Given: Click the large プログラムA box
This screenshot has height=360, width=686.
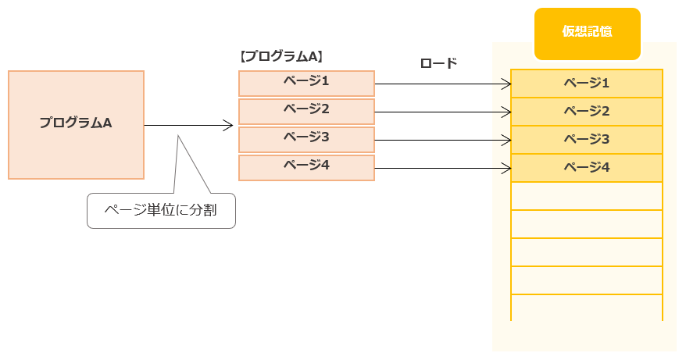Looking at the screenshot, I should pos(76,125).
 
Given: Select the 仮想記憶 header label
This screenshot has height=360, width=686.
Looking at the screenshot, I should pos(587,33).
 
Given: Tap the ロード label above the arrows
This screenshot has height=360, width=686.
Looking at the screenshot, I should pos(438,63).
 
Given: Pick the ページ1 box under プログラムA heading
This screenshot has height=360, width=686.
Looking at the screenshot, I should pos(306,83).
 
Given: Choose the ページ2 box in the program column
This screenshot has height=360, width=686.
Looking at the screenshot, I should pos(306,111).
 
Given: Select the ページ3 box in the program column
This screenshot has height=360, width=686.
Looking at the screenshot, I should pos(306,139).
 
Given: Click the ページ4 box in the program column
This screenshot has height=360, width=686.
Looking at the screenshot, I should pos(306,167).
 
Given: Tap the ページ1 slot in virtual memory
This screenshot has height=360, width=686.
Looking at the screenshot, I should pos(587,83).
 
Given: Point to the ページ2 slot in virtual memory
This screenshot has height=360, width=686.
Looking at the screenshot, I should pos(587,111).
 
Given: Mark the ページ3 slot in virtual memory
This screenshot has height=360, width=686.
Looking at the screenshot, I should pos(587,139).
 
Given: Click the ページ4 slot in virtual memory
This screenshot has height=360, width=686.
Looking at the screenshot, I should pos(587,167).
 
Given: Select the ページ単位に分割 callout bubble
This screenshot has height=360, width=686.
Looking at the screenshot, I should pos(161,210).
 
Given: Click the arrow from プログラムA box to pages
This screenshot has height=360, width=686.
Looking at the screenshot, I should pos(188,125).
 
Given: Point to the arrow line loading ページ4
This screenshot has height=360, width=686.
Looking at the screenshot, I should pos(441,168).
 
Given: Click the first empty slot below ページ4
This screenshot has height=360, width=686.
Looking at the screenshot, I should pos(587,196).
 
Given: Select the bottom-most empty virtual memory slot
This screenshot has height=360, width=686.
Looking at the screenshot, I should pos(587,308).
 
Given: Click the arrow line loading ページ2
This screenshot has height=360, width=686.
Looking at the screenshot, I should pos(441,112).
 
